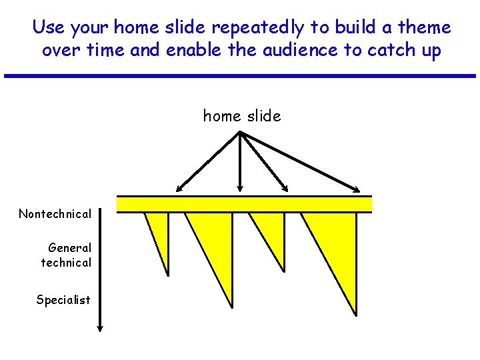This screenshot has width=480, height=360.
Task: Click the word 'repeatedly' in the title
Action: (x=253, y=28)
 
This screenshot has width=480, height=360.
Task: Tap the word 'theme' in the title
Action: (x=424, y=28)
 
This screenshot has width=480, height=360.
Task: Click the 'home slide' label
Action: (x=242, y=116)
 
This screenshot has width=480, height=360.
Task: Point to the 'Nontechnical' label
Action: (x=55, y=214)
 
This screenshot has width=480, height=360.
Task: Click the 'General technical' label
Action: (x=66, y=255)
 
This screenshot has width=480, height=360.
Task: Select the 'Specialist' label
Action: (x=63, y=300)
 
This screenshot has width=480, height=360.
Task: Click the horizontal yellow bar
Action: (x=244, y=204)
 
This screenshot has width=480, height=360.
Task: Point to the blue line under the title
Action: (x=240, y=76)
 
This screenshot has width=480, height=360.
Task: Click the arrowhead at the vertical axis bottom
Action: (x=99, y=328)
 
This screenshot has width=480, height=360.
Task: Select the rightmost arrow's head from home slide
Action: (x=357, y=190)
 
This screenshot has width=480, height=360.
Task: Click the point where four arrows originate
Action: (x=240, y=133)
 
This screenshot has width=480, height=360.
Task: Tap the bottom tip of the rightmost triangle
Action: (x=356, y=313)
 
